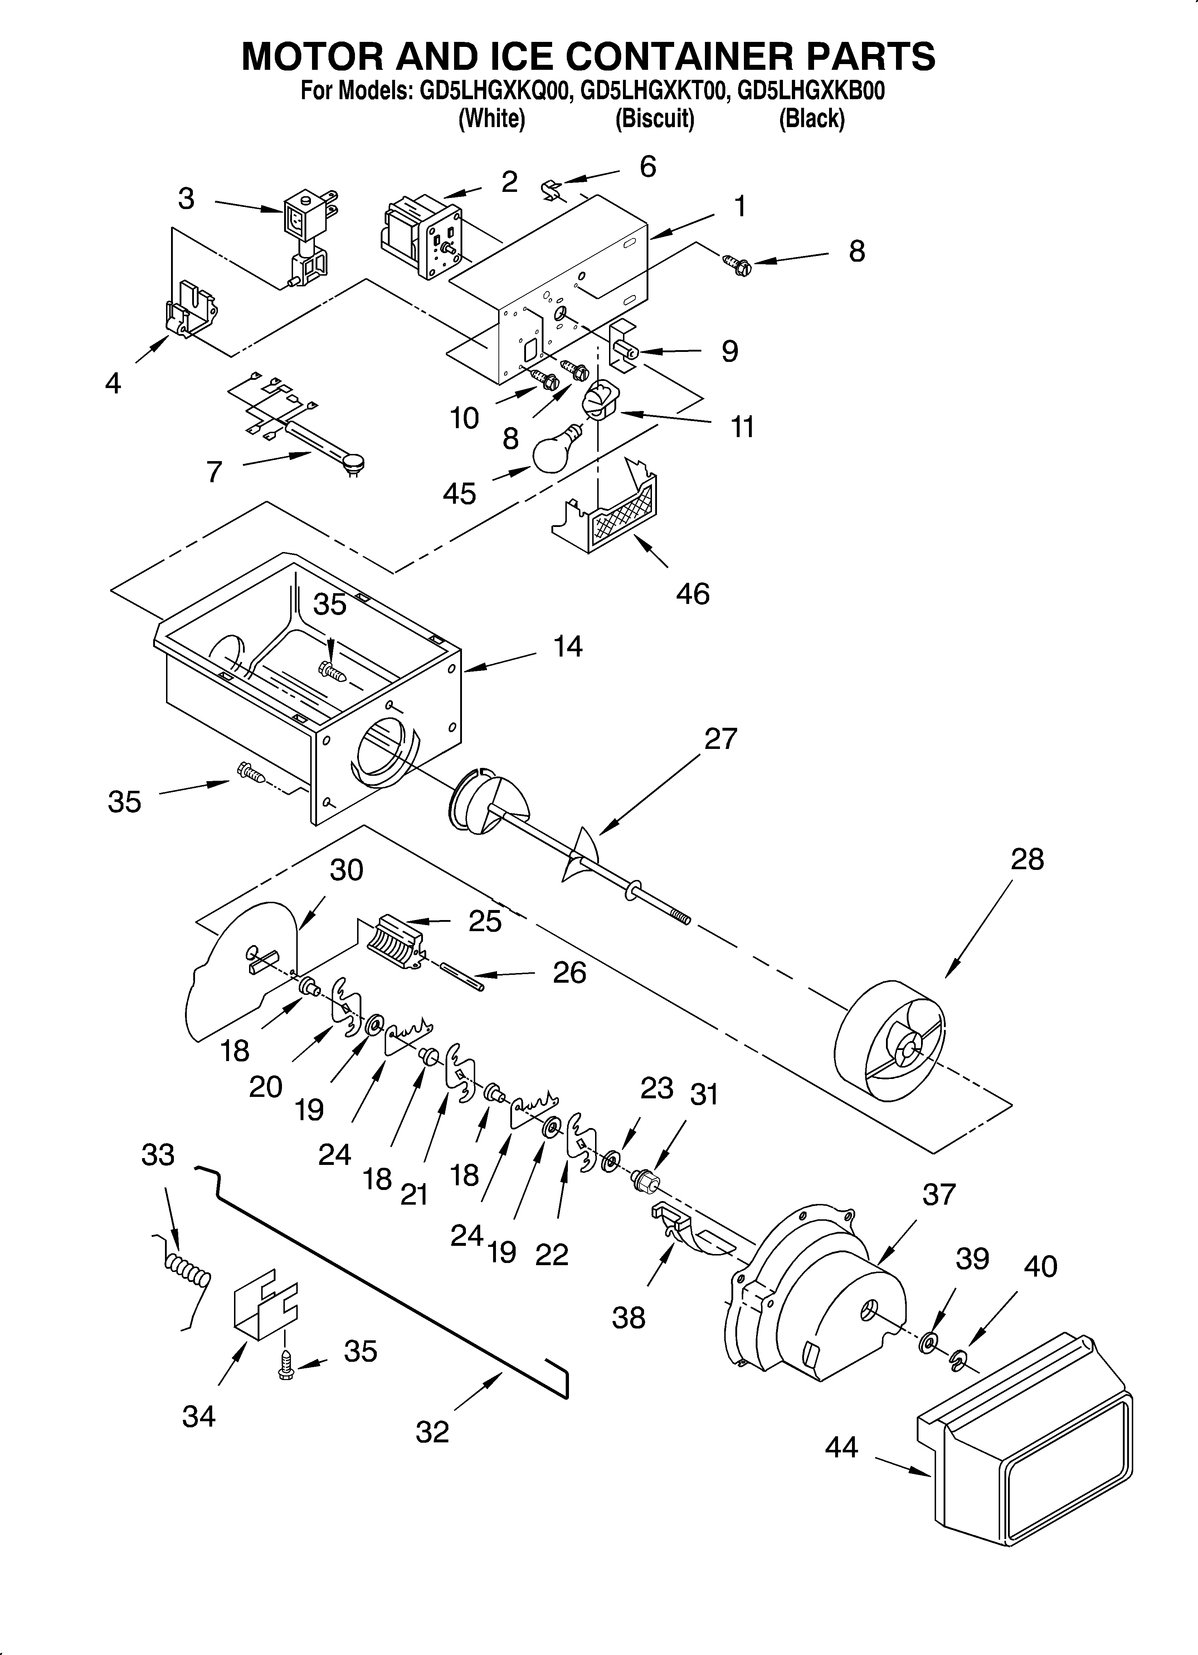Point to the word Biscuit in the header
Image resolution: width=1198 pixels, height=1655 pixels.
(654, 118)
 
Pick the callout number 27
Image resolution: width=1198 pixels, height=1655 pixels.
(721, 739)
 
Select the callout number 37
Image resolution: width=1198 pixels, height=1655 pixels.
(938, 1195)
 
